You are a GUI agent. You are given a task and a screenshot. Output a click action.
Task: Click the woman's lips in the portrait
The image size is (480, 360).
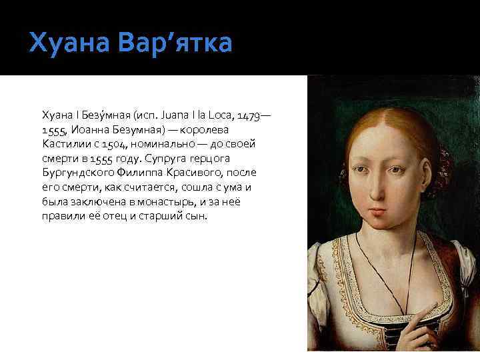378,213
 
